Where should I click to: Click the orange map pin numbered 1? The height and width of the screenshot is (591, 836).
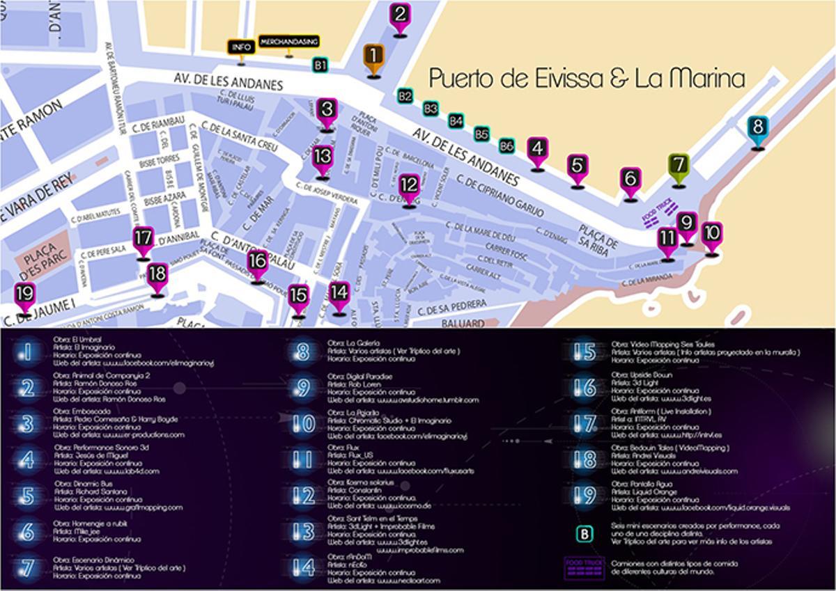[373, 56]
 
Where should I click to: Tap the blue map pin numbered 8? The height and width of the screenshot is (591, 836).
[758, 129]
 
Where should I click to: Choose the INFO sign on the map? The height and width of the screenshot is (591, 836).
[241, 47]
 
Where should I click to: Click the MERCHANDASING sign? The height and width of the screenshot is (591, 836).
[288, 42]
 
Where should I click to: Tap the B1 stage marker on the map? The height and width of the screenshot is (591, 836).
[320, 65]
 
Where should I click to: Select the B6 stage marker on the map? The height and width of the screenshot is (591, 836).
[507, 145]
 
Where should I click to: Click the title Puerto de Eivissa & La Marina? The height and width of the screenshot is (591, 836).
[586, 77]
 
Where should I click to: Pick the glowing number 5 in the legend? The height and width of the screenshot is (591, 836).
[27, 496]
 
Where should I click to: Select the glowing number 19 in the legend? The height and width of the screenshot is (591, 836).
[585, 496]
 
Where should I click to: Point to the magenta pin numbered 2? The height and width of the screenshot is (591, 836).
[400, 15]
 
